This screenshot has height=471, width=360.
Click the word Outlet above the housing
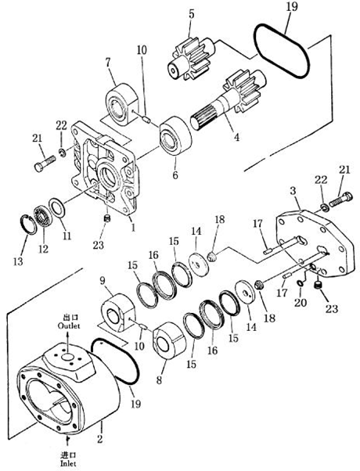tap(69, 326)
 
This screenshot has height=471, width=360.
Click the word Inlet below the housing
tap(68, 463)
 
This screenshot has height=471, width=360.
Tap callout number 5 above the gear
tap(192, 14)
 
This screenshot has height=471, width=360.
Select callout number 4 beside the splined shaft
tap(237, 137)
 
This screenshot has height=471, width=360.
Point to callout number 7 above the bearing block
tap(107, 63)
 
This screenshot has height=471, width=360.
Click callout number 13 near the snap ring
tap(18, 261)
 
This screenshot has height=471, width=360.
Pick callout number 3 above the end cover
tap(293, 191)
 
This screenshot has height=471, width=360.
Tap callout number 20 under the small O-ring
tap(301, 303)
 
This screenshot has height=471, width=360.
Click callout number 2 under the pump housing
tap(99, 439)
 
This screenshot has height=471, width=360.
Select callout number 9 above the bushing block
tap(103, 282)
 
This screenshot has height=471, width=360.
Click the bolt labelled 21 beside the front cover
tap(45, 164)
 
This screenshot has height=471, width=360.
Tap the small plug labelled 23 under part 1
tap(106, 218)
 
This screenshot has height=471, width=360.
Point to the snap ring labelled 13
tap(28, 225)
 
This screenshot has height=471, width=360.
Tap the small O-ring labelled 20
tap(300, 283)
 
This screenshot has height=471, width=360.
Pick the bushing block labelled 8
tap(169, 340)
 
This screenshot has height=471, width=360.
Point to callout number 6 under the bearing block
tap(175, 174)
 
